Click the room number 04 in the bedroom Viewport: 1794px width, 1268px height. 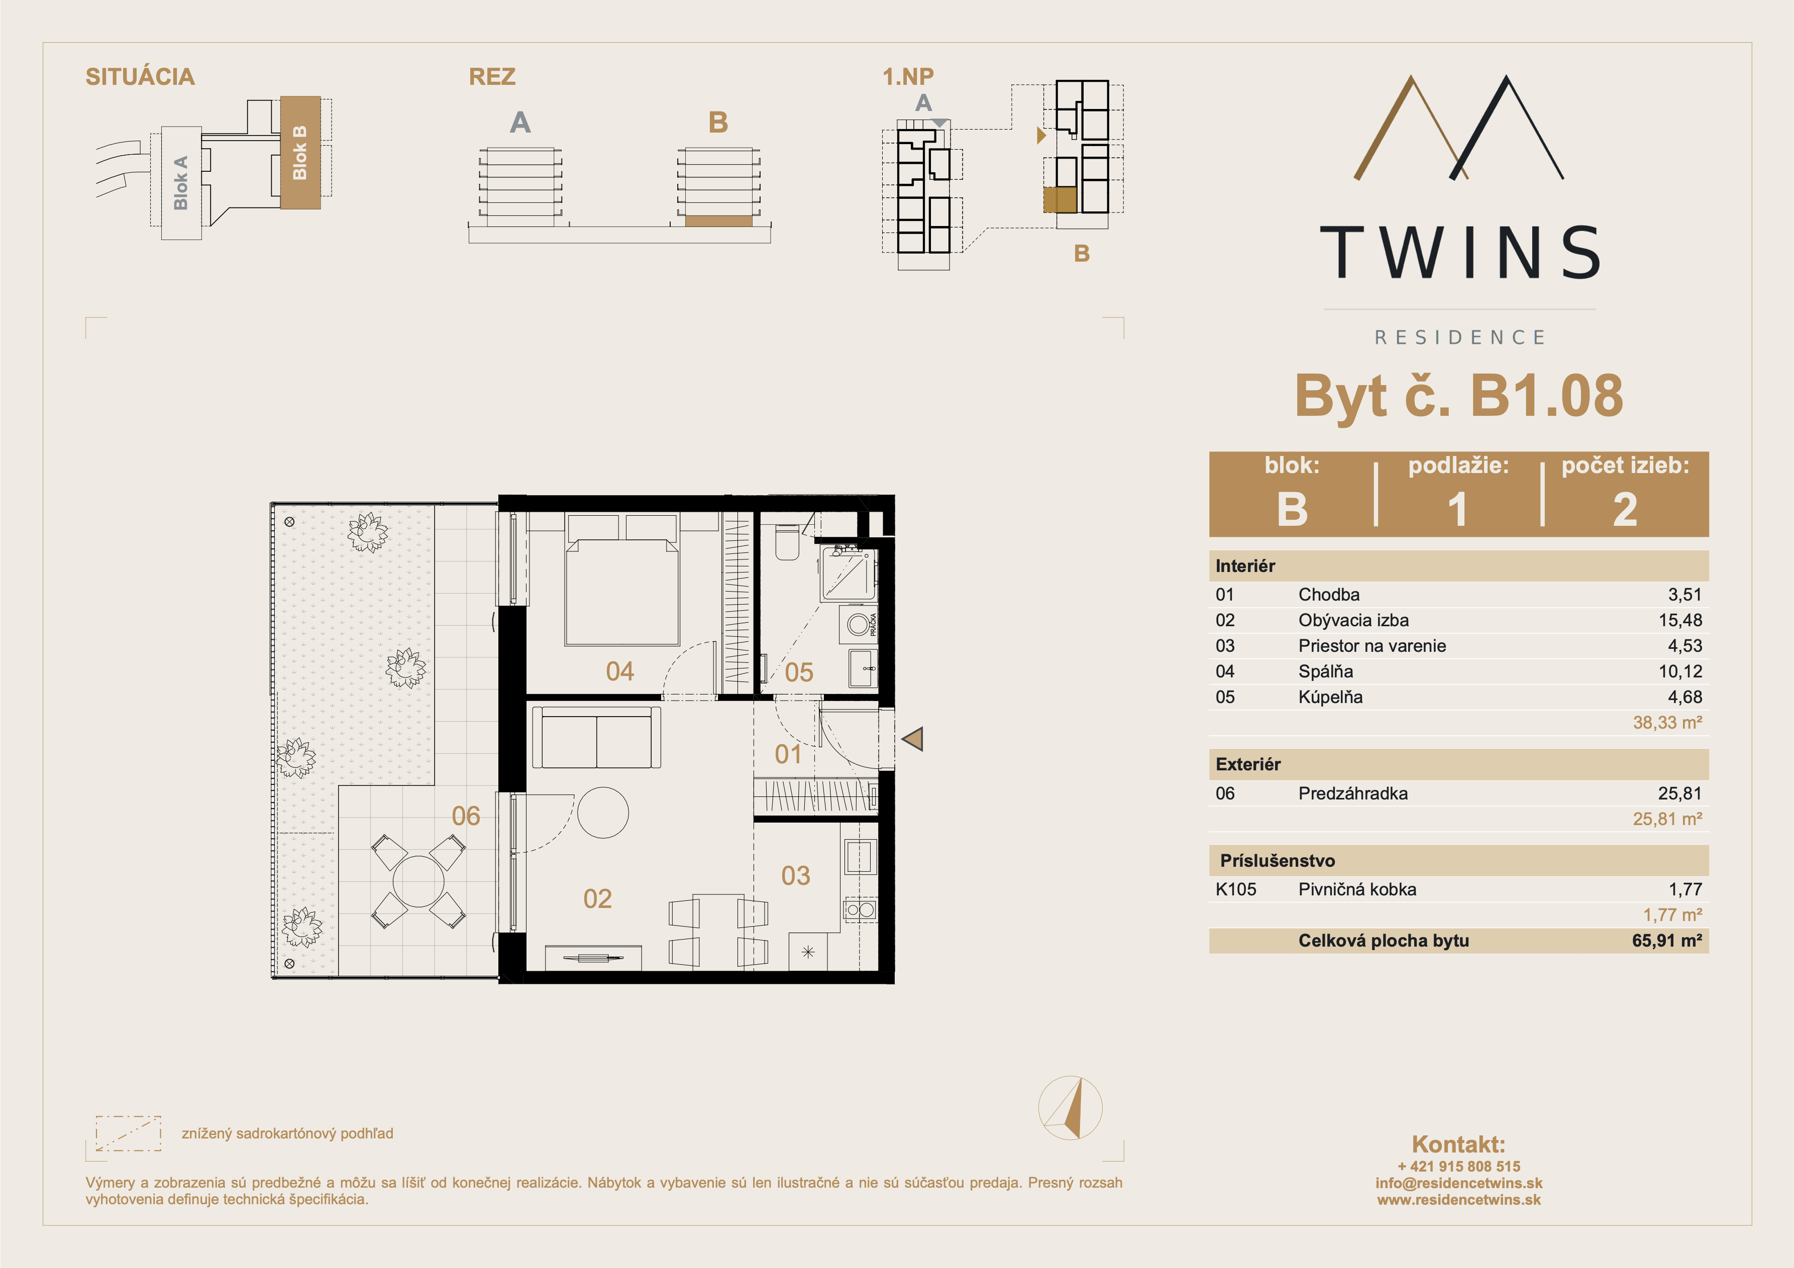[619, 671]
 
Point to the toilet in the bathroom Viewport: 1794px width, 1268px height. [787, 542]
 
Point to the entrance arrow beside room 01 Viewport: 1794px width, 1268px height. [913, 738]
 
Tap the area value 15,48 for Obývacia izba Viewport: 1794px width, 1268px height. [1680, 620]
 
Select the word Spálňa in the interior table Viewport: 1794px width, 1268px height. [1325, 671]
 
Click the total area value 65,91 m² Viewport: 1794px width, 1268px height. [1666, 941]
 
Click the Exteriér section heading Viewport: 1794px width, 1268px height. [1248, 764]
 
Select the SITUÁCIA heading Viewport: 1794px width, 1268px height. [140, 76]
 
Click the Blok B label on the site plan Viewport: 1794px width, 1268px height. [299, 152]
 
